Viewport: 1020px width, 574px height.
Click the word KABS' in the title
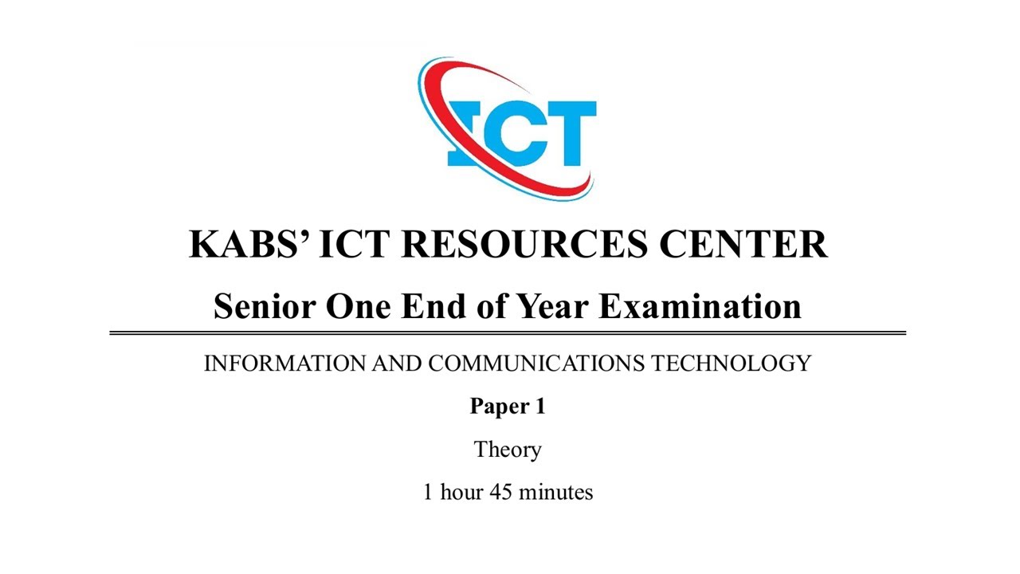(x=248, y=243)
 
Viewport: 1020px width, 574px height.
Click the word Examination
(x=700, y=306)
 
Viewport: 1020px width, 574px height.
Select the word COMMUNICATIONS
(x=536, y=364)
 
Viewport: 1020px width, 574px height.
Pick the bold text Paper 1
(x=508, y=407)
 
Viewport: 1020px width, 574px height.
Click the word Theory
(x=508, y=450)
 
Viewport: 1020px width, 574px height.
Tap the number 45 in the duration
(x=500, y=492)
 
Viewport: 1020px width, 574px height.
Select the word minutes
(x=555, y=492)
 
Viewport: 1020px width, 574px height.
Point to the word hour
(x=461, y=492)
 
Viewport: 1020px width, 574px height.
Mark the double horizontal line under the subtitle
(x=508, y=332)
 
